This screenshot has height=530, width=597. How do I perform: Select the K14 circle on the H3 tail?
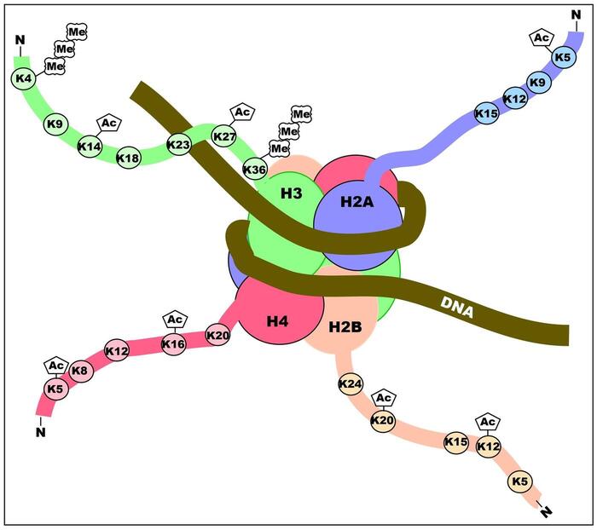90,146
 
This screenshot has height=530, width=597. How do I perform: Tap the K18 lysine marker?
128,158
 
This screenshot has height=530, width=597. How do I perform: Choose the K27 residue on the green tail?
224,136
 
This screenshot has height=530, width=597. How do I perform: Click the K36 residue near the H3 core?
254,169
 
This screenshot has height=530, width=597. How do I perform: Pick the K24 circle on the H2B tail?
351,384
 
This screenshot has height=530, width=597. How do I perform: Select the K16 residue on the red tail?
174,344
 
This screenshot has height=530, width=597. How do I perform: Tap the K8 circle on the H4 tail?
79,371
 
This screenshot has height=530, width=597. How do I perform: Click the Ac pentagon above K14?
108,124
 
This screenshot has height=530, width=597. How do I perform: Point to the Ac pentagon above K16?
174,320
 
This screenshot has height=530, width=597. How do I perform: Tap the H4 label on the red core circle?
279,321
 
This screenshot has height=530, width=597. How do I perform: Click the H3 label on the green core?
292,194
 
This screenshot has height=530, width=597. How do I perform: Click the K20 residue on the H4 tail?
218,337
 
